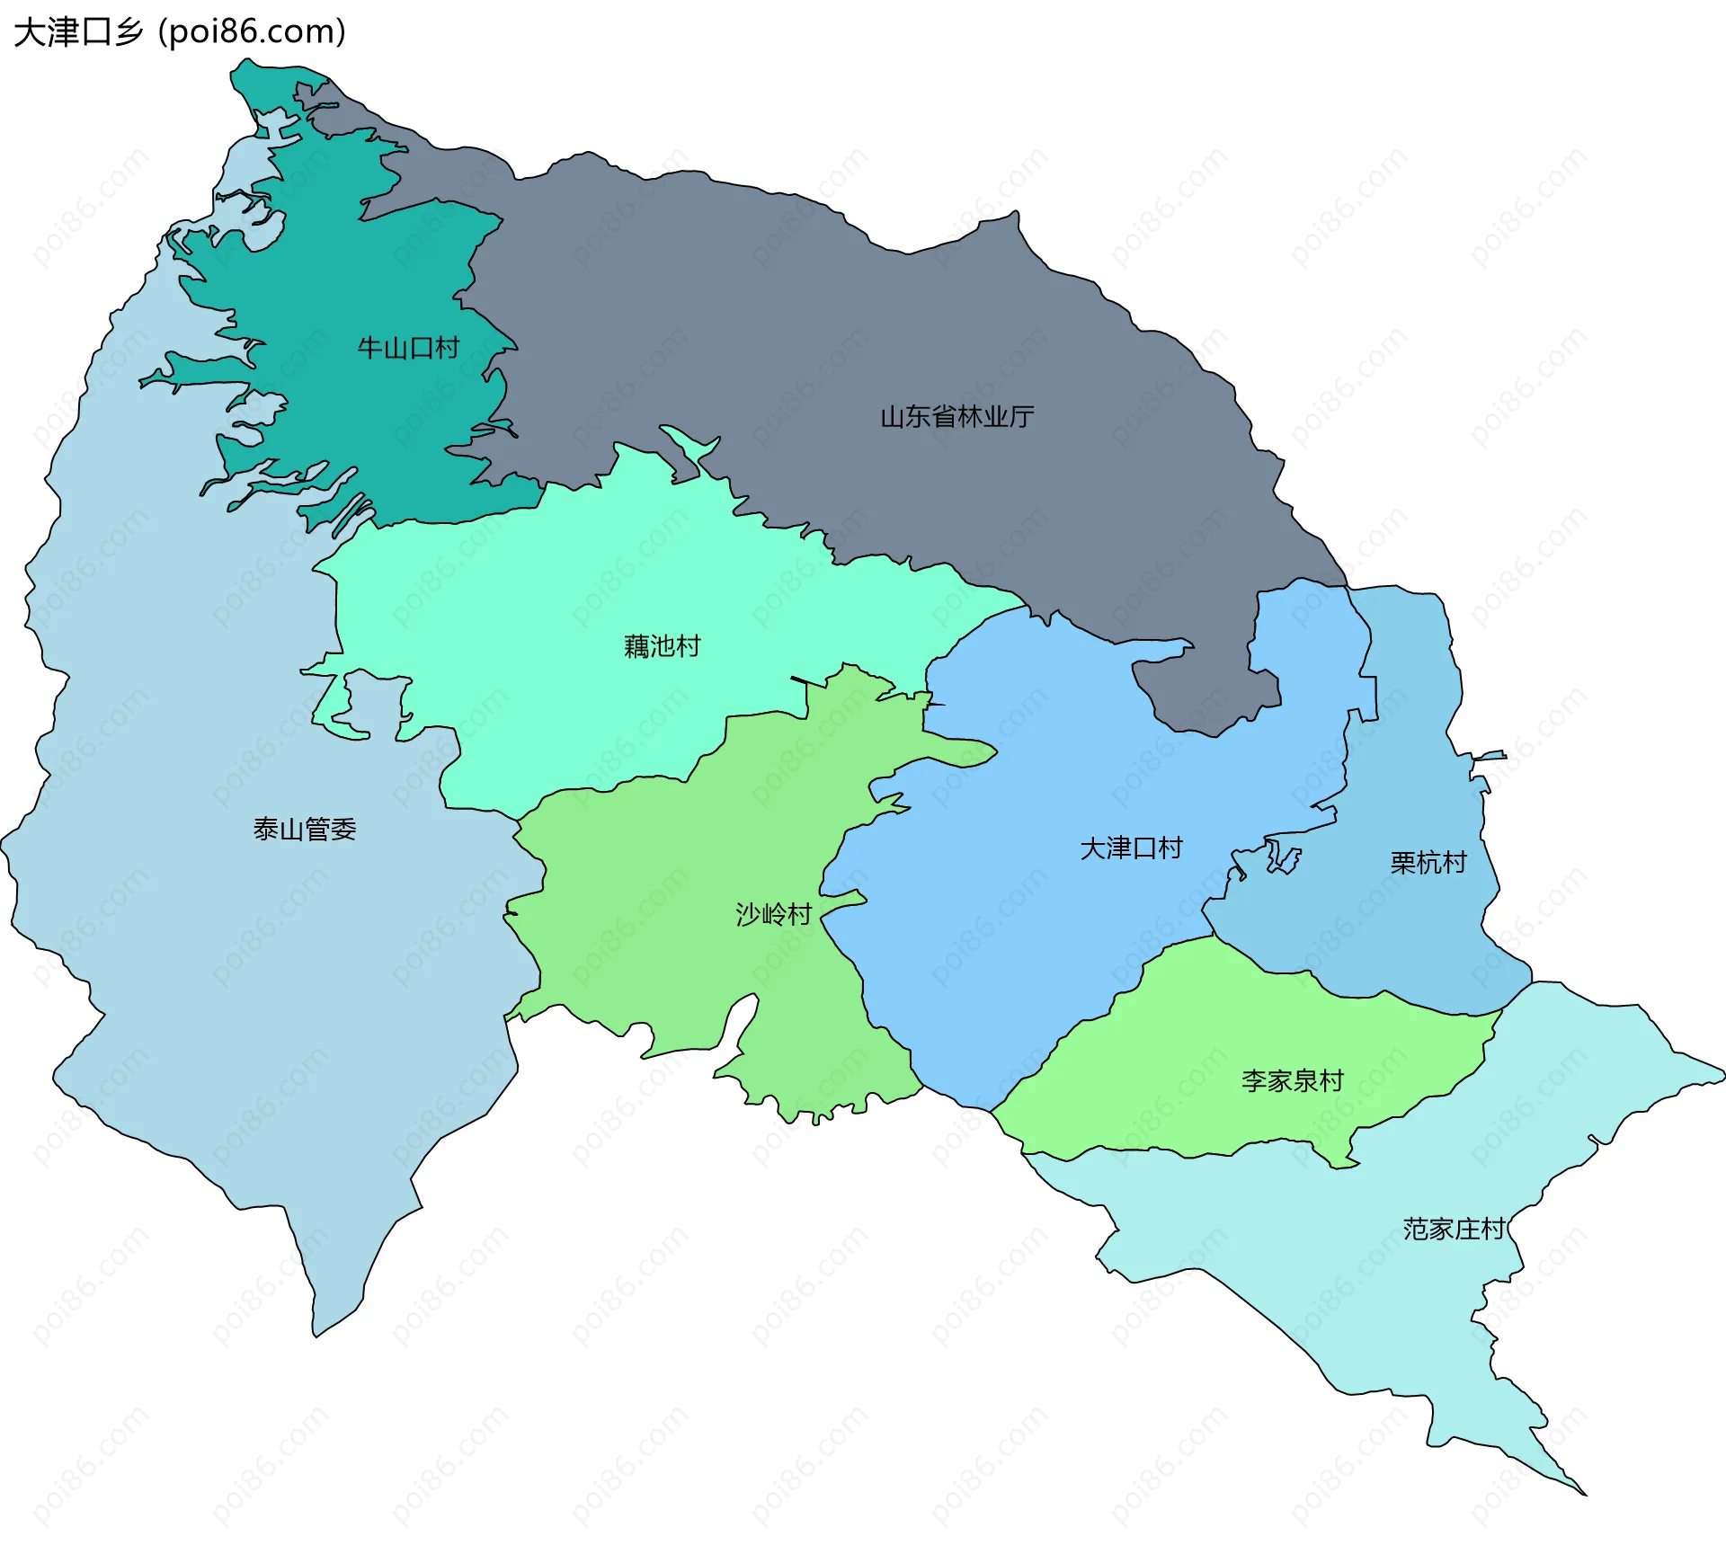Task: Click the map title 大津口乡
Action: (78, 32)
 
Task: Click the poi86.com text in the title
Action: (252, 32)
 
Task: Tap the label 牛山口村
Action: (408, 348)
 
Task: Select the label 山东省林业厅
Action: (956, 417)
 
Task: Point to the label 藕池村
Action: (662, 646)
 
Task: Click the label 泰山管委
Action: (305, 829)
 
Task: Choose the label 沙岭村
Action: (773, 914)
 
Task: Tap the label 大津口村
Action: (1131, 848)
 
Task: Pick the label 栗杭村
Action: (1428, 863)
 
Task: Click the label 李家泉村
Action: (1292, 1080)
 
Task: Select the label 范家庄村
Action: (1454, 1229)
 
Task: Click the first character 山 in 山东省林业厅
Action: (893, 417)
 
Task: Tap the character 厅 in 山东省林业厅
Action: (1022, 417)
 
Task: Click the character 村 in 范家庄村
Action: (1493, 1229)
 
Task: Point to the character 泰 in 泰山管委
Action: (266, 829)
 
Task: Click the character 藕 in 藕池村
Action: (636, 646)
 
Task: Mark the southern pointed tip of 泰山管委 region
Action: (315, 1335)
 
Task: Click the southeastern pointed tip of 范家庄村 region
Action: (1585, 1494)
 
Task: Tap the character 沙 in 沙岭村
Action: (748, 914)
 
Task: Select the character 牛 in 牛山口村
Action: (370, 348)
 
